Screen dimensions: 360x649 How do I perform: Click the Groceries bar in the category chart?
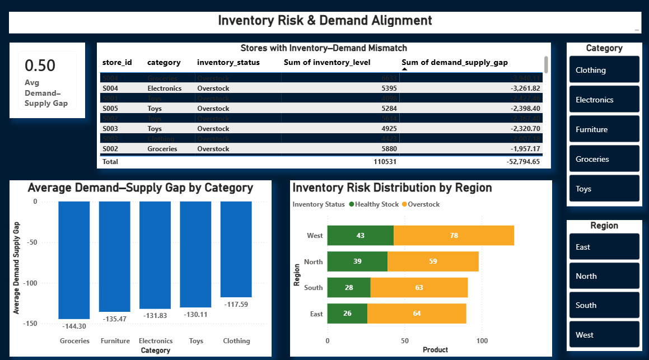74,260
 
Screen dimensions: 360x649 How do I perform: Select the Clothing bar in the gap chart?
236,249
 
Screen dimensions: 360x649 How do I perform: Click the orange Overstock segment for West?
454,236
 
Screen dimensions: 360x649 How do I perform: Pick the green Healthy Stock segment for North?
357,261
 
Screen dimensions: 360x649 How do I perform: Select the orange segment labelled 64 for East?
417,314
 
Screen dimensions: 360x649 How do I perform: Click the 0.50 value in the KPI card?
40,66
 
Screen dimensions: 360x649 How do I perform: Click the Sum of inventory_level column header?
327,62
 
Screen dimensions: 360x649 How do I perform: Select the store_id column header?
117,62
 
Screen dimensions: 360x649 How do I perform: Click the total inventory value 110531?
382,161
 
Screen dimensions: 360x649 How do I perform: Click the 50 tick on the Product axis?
405,340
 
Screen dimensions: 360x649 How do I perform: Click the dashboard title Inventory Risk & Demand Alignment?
325,21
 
